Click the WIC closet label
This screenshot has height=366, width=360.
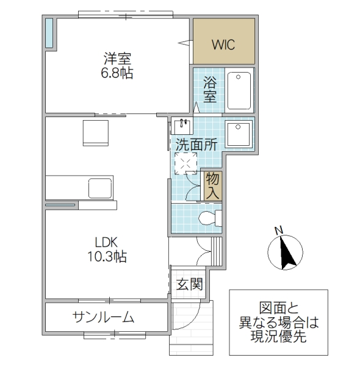click(x=223, y=44)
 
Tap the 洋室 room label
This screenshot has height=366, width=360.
click(x=118, y=59)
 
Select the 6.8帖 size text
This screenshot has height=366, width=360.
click(x=118, y=74)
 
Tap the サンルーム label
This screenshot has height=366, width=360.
click(x=104, y=317)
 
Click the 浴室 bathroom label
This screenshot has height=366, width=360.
click(x=211, y=88)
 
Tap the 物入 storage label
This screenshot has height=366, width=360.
click(x=212, y=185)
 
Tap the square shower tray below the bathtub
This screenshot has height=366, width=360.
click(x=239, y=132)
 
